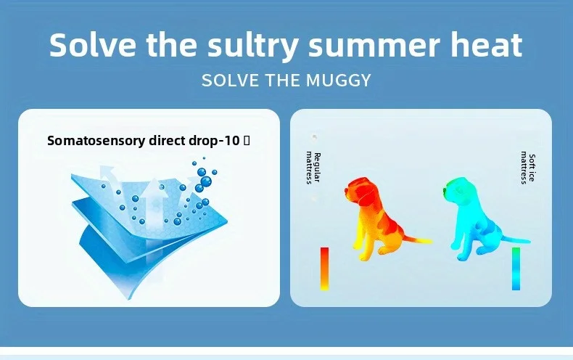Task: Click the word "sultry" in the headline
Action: pyautogui.click(x=252, y=46)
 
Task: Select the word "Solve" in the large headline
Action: pyautogui.click(x=93, y=44)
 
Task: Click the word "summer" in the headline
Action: pyautogui.click(x=374, y=48)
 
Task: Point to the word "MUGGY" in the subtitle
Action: pyautogui.click(x=339, y=81)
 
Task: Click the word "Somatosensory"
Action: pyautogui.click(x=97, y=141)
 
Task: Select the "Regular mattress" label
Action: pyautogui.click(x=313, y=168)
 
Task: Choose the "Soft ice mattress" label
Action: pyautogui.click(x=528, y=168)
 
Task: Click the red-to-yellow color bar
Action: pyautogui.click(x=324, y=269)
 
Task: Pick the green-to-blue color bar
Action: pyautogui.click(x=516, y=269)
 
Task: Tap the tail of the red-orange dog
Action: pyautogui.click(x=419, y=240)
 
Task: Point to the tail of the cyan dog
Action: pyautogui.click(x=516, y=240)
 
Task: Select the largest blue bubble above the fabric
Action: pyautogui.click(x=206, y=181)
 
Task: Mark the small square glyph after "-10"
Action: pyautogui.click(x=247, y=141)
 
